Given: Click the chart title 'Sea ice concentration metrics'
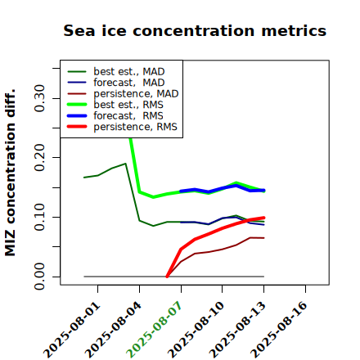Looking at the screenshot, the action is (195, 30).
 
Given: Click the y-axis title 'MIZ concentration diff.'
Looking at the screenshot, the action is (10, 173).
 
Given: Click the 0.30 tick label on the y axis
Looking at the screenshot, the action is (39, 98).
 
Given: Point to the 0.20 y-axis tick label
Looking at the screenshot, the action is (39, 157).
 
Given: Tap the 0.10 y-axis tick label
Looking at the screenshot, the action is (39, 217).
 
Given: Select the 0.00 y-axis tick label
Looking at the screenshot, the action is (39, 277).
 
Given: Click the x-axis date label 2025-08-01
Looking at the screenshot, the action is (72, 330).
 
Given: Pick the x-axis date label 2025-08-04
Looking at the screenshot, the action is (114, 330).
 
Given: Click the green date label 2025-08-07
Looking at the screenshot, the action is (155, 330).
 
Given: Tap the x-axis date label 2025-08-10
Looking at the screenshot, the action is (196, 330).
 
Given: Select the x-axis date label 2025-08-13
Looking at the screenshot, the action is (238, 330).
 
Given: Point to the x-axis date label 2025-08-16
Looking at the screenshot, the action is (280, 330).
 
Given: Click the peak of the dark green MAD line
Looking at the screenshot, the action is (125, 164).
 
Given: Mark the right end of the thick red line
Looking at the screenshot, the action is (263, 218).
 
